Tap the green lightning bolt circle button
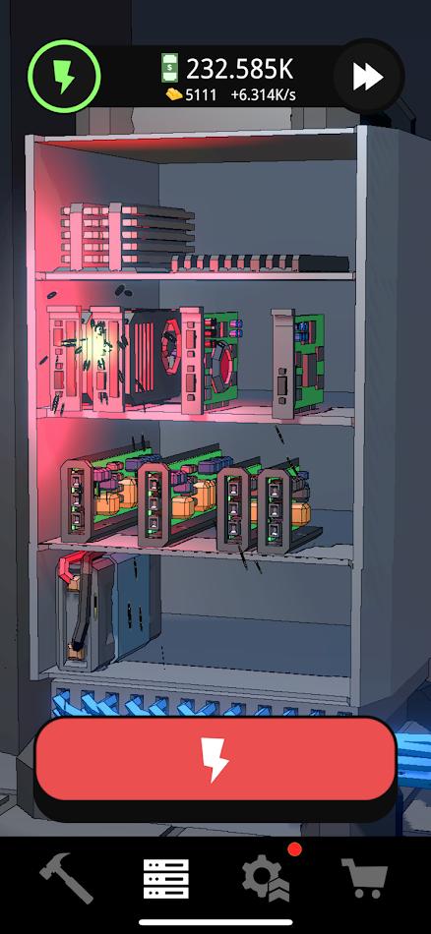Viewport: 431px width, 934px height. point(64,76)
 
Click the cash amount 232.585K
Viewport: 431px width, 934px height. point(240,70)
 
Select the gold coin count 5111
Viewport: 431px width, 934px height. point(201,95)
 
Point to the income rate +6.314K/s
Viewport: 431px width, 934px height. point(263,95)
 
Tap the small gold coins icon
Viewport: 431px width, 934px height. point(172,95)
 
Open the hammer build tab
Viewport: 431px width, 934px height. point(66,877)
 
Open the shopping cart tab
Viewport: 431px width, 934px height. point(364,877)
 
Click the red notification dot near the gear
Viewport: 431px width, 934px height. point(292,848)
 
